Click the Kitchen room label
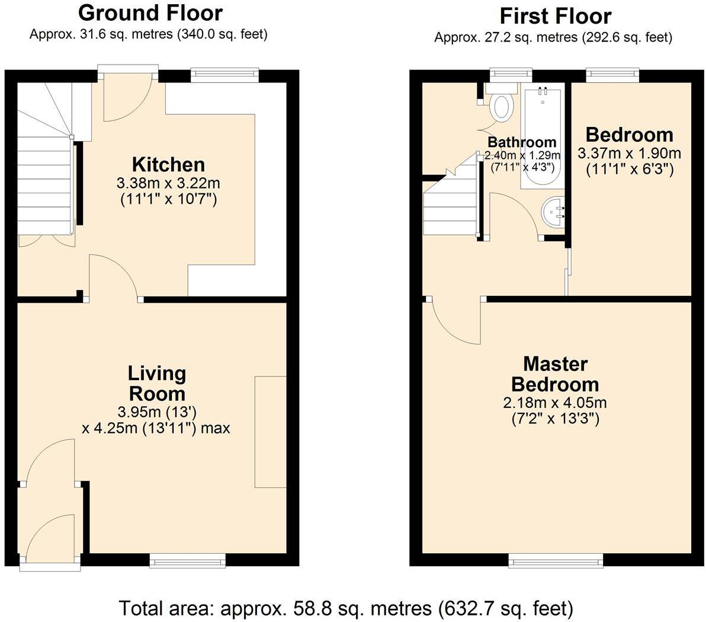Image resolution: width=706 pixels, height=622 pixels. tap(168, 164)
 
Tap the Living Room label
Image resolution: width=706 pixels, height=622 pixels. tap(157, 383)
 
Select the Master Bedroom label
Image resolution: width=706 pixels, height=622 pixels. tap(555, 374)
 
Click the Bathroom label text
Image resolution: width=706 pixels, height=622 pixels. tap(522, 142)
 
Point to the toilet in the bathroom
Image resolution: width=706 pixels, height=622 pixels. tap(501, 105)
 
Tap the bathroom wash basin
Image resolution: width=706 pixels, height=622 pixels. tap(553, 212)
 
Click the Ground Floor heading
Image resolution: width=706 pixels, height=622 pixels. tap(150, 12)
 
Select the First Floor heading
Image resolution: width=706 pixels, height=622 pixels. tap(555, 15)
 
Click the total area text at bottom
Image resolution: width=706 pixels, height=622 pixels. tap(346, 608)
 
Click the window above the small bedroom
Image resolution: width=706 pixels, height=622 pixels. tap(612, 74)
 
